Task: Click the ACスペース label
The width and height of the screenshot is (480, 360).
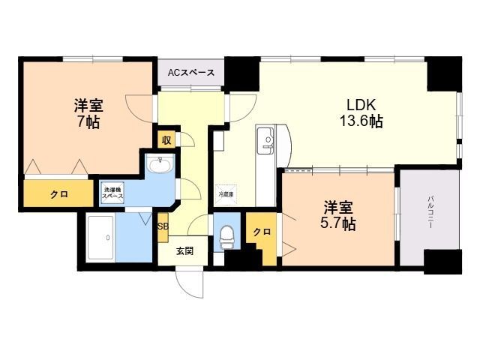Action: (190, 73)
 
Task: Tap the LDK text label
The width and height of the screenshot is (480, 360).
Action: (360, 103)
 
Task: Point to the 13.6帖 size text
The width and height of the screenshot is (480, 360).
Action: (360, 121)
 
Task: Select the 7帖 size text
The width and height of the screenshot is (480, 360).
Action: (87, 121)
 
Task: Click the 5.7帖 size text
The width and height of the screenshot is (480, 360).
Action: (339, 223)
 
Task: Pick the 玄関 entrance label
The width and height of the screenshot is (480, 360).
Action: (185, 250)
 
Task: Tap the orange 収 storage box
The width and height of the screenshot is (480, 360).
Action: (165, 139)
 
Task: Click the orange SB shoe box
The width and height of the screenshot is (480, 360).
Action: (163, 226)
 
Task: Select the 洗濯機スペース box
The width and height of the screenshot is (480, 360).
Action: (112, 192)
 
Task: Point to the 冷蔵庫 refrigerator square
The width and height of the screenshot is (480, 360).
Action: (226, 193)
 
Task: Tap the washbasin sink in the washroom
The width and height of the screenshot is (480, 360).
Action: (158, 166)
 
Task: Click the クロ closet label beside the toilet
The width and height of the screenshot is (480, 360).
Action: (261, 232)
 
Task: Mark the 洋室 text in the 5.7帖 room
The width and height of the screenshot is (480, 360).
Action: (339, 205)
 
